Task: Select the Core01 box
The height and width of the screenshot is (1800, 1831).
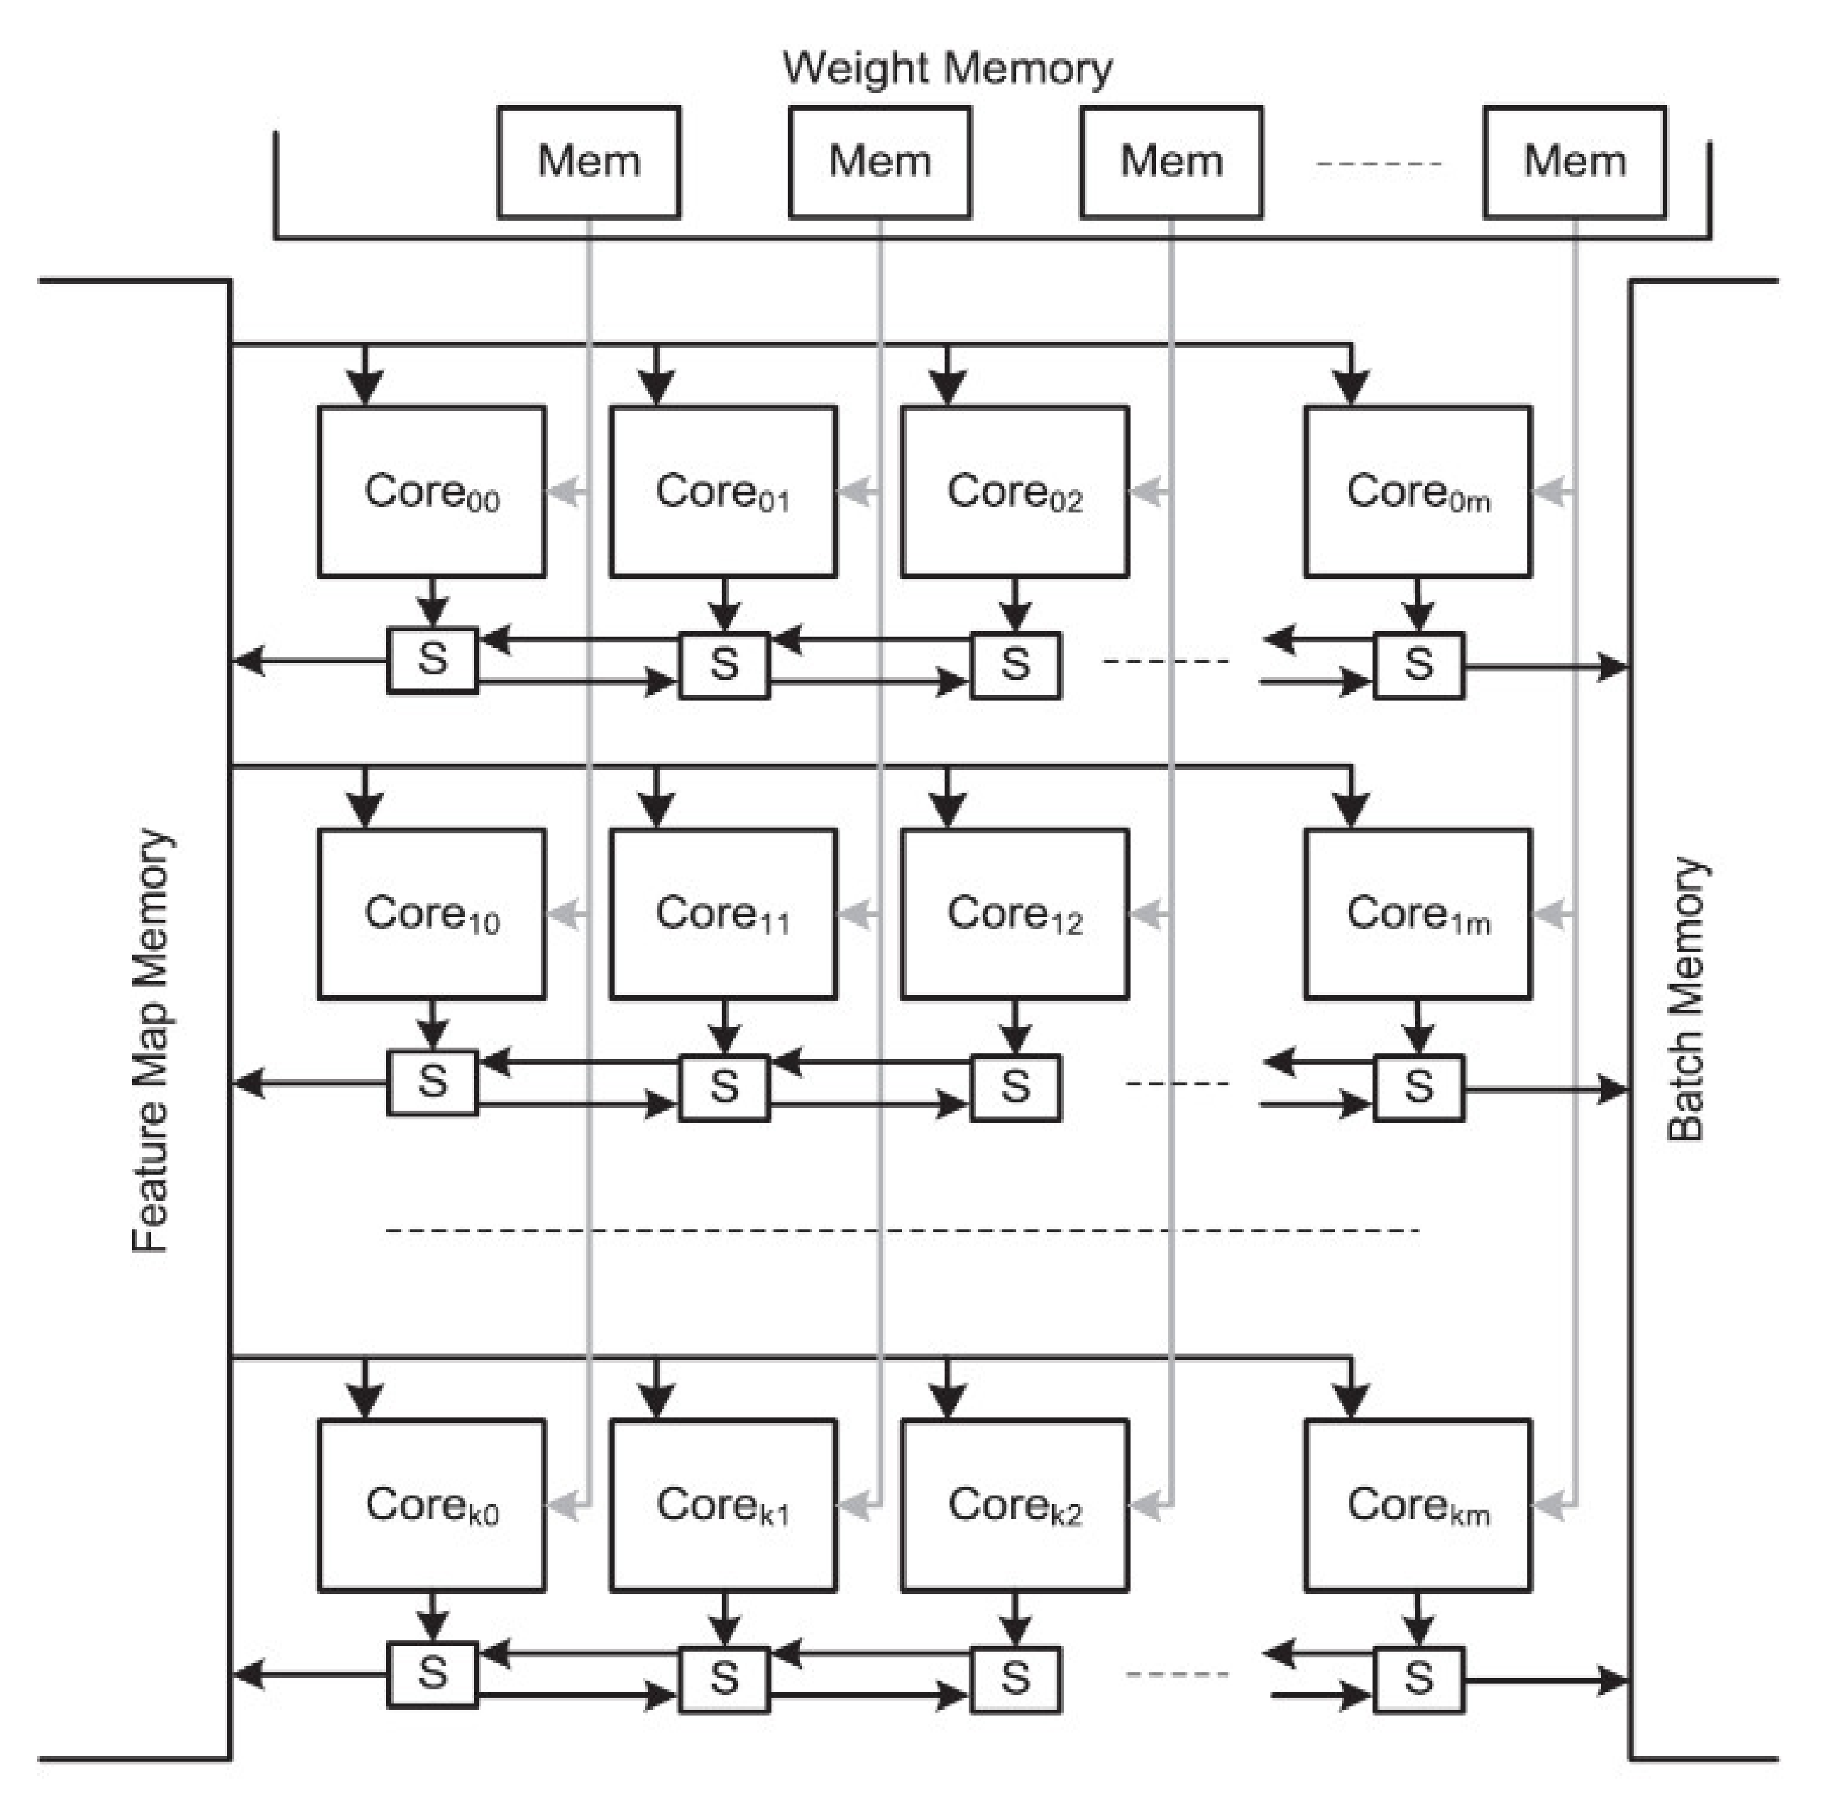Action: click(x=722, y=492)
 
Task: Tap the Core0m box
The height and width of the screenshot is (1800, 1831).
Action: click(x=1417, y=492)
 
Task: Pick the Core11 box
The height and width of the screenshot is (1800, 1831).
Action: click(x=722, y=914)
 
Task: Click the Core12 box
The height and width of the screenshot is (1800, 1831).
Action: click(x=1013, y=914)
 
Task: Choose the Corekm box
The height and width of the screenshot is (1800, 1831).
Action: click(x=1417, y=1505)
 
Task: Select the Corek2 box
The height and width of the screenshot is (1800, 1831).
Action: click(x=1013, y=1505)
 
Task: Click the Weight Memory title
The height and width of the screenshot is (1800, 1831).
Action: click(x=947, y=69)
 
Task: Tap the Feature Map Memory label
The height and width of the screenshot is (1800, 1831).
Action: click(x=151, y=1040)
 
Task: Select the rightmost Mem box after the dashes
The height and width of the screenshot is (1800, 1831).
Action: click(x=1574, y=162)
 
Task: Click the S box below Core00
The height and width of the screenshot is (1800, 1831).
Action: click(x=432, y=660)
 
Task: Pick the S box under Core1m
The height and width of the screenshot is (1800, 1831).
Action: click(x=1418, y=1087)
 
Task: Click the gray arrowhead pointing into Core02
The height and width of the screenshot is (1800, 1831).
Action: click(x=1145, y=492)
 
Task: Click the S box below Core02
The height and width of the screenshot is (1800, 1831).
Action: click(x=1016, y=664)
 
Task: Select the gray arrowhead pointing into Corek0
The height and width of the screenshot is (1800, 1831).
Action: click(x=564, y=1505)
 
